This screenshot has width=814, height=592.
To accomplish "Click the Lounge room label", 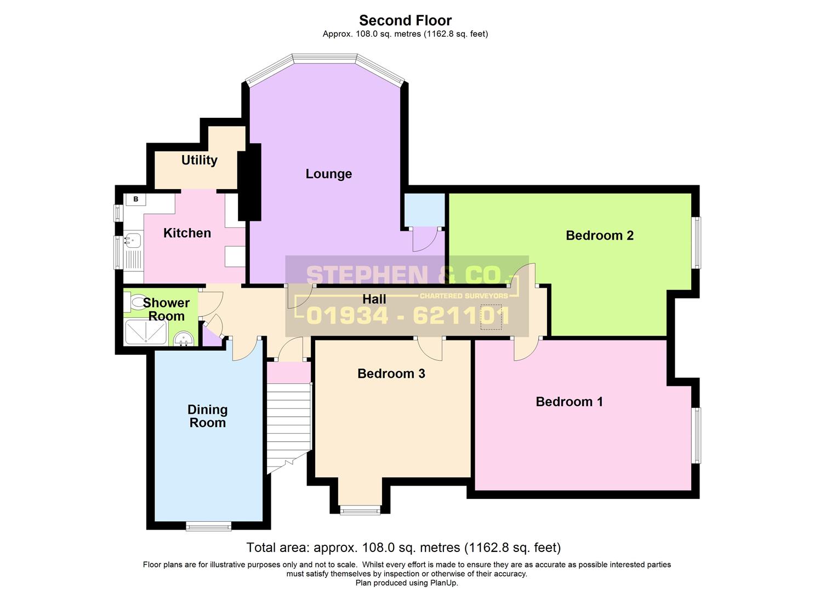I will point(328,174).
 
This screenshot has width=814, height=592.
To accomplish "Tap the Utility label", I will point(199,160).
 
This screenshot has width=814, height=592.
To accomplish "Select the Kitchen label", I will point(187,233).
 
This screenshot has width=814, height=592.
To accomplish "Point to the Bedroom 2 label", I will point(600,235).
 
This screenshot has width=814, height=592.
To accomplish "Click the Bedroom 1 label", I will point(569,402).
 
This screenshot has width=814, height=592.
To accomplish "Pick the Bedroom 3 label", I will point(391,374).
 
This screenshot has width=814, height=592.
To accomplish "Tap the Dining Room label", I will point(207,416).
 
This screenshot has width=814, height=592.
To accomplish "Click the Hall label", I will point(374,299).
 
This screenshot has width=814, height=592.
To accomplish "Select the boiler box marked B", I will point(135,199).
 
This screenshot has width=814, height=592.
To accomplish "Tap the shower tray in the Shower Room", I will point(145,332).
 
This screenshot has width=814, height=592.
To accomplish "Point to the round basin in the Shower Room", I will point(184,340).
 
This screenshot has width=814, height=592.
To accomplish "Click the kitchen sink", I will point(133,240).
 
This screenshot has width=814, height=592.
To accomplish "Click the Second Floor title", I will point(405,20).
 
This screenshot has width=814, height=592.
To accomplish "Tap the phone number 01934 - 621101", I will point(408,316).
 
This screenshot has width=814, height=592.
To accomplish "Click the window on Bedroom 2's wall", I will point(696,242).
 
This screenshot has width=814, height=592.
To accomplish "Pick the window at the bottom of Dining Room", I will point(208,526).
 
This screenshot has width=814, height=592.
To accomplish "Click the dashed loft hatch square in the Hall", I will point(491,317).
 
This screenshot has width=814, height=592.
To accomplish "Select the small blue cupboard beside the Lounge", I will point(424,209).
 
